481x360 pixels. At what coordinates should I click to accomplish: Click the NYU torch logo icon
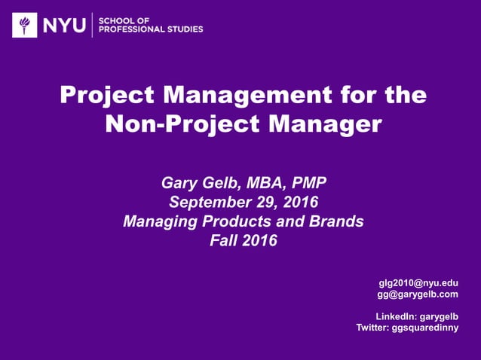pyautogui.click(x=25, y=26)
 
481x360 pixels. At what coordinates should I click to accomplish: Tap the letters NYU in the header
pyautogui.click(x=63, y=26)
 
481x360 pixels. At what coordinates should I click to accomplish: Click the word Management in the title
pyautogui.click(x=225, y=96)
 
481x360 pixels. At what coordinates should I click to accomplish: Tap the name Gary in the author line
pyautogui.click(x=179, y=183)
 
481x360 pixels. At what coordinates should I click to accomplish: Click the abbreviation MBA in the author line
pyautogui.click(x=255, y=183)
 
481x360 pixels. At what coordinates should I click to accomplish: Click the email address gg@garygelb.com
pyautogui.click(x=418, y=294)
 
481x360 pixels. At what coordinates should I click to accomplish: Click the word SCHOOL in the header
pyautogui.click(x=115, y=20)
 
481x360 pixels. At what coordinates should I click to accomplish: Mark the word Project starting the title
pyautogui.click(x=102, y=96)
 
